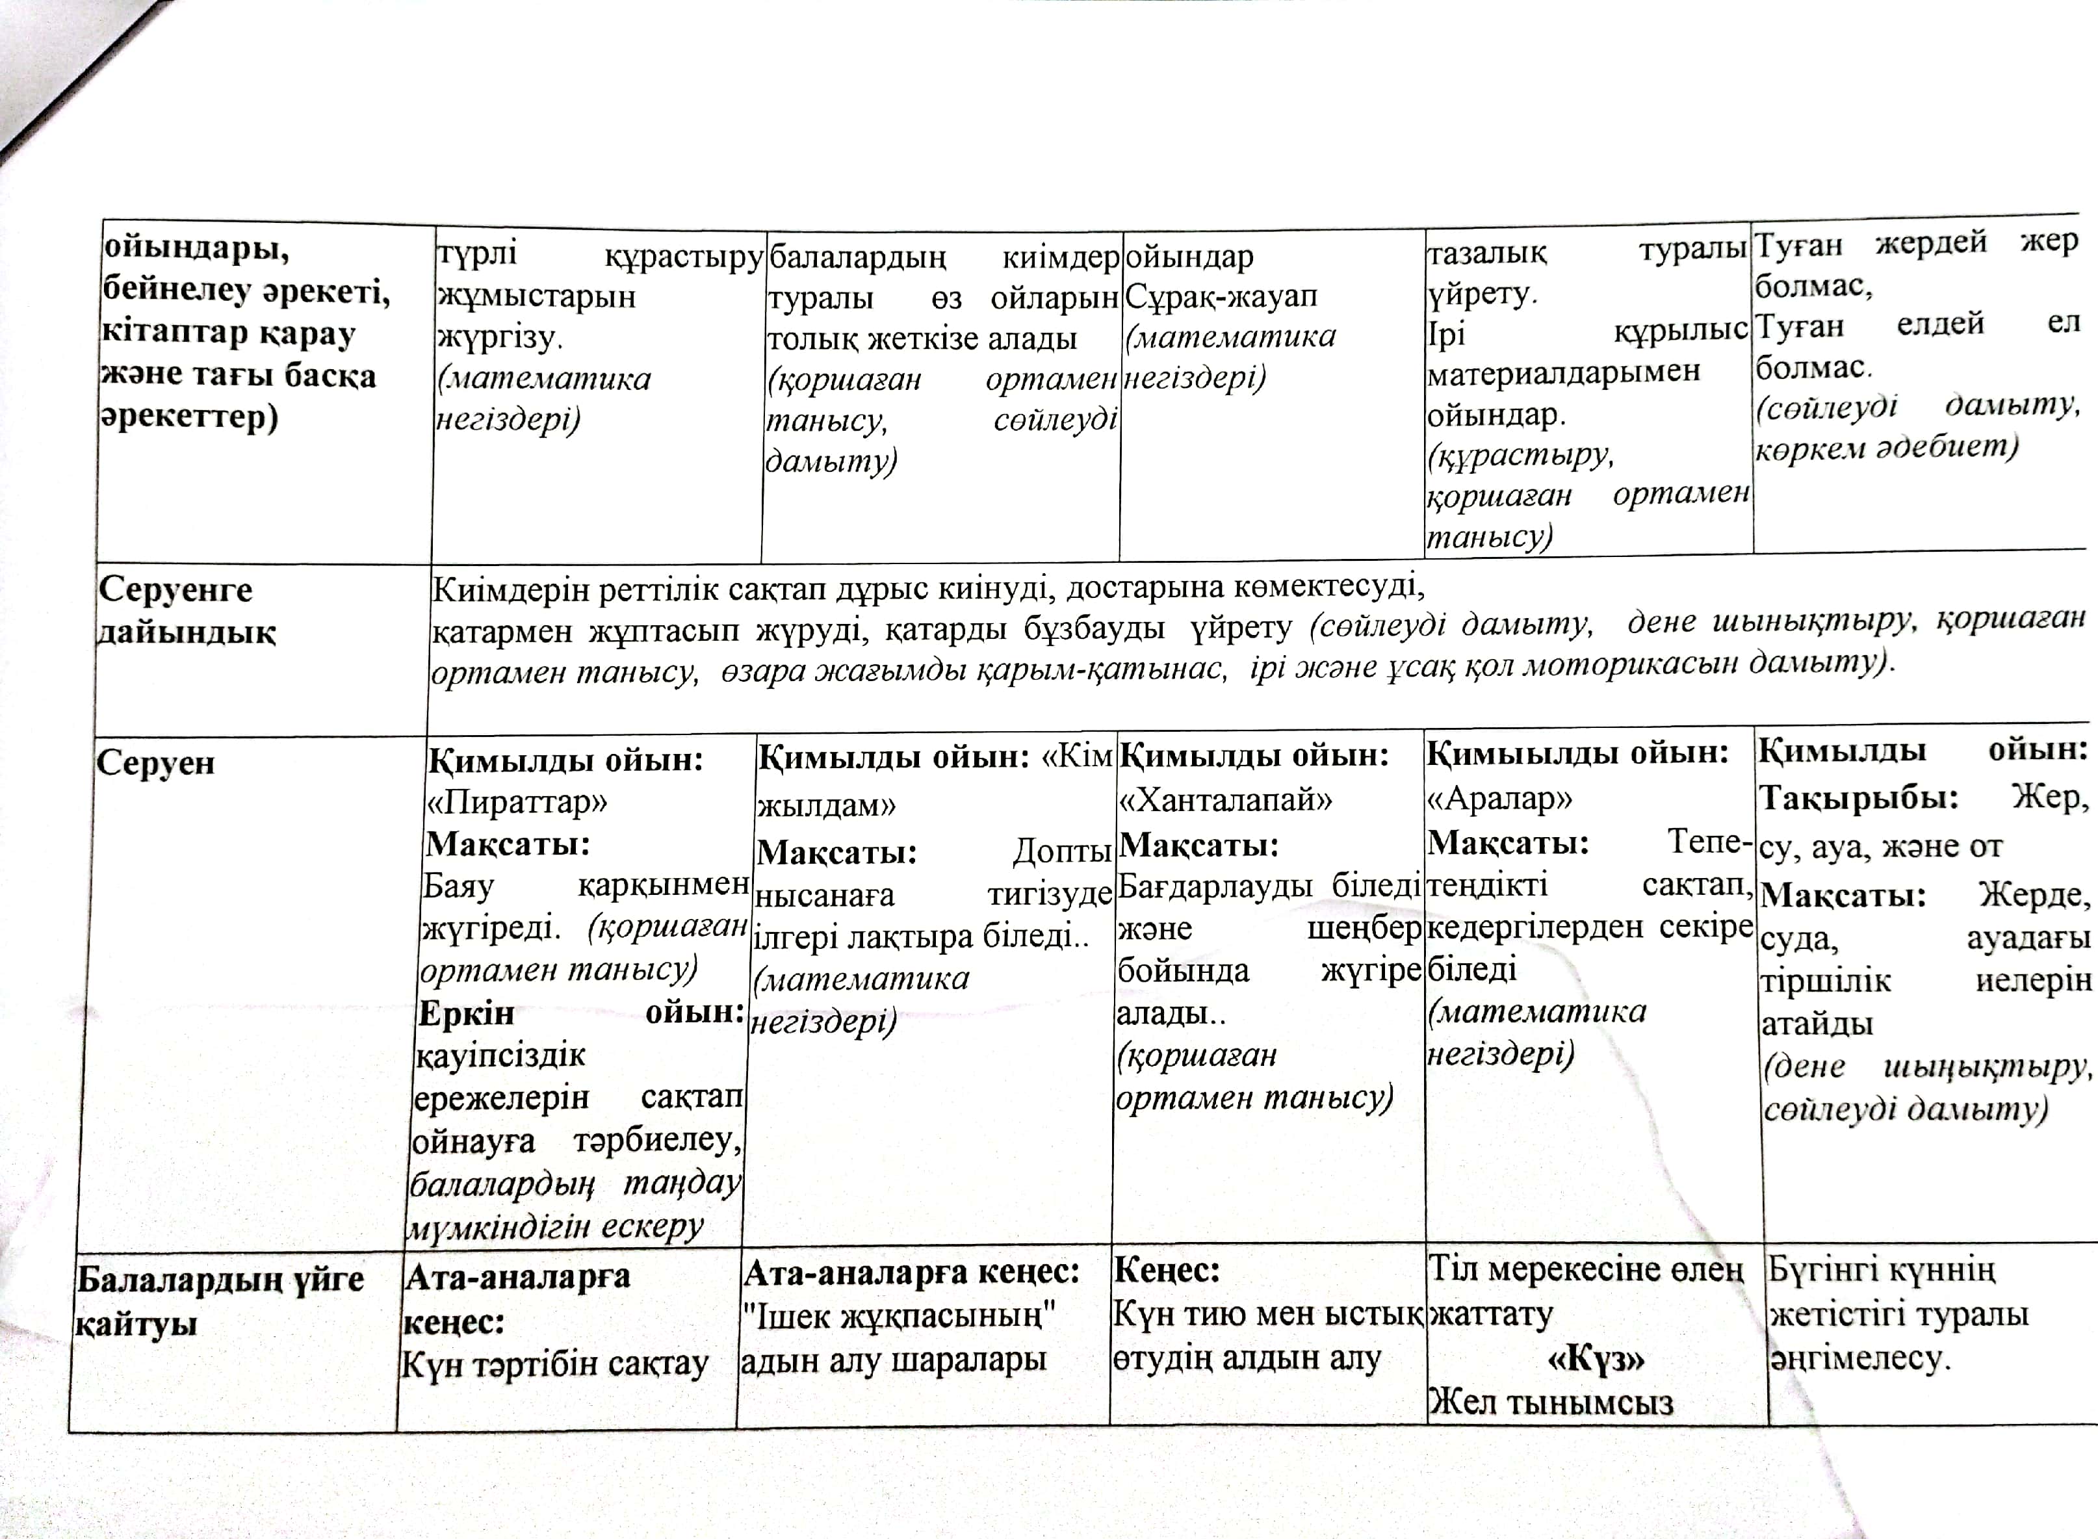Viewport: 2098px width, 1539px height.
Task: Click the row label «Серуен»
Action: click(x=155, y=763)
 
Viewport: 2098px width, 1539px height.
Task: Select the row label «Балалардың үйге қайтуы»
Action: click(x=220, y=1300)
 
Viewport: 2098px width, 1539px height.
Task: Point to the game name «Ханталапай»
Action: click(x=1224, y=799)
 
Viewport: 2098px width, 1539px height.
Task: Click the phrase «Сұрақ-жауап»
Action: click(x=1221, y=297)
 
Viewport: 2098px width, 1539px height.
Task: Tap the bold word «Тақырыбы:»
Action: click(x=1858, y=798)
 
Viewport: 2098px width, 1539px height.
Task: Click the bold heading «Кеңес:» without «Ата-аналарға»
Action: click(x=1167, y=1270)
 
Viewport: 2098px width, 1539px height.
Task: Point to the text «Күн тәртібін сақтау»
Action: click(x=555, y=1365)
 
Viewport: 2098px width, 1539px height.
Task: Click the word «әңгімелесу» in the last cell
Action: click(x=1858, y=1358)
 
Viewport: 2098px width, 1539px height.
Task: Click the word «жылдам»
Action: click(x=825, y=804)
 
